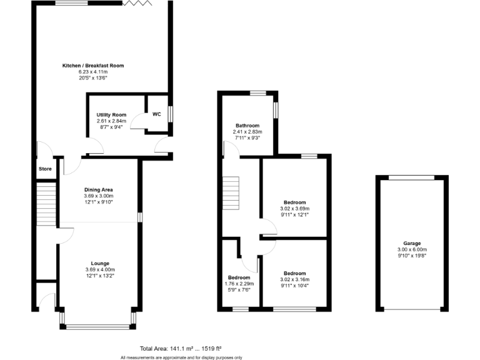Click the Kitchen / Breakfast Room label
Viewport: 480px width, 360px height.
93,66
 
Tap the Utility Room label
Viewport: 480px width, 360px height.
111,115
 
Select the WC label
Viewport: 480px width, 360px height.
156,114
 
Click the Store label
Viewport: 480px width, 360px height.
45,168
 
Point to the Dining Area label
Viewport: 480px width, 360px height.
98,189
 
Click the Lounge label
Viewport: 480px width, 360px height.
100,263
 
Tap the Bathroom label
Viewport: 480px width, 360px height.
247,125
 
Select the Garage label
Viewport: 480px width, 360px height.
412,243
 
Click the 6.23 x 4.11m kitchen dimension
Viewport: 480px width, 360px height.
93,72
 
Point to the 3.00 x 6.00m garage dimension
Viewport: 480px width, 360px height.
412,249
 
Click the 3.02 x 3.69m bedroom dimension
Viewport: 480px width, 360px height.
295,209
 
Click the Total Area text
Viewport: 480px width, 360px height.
181,348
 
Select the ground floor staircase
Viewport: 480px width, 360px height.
46,204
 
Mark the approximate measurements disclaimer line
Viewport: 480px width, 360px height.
181,357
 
